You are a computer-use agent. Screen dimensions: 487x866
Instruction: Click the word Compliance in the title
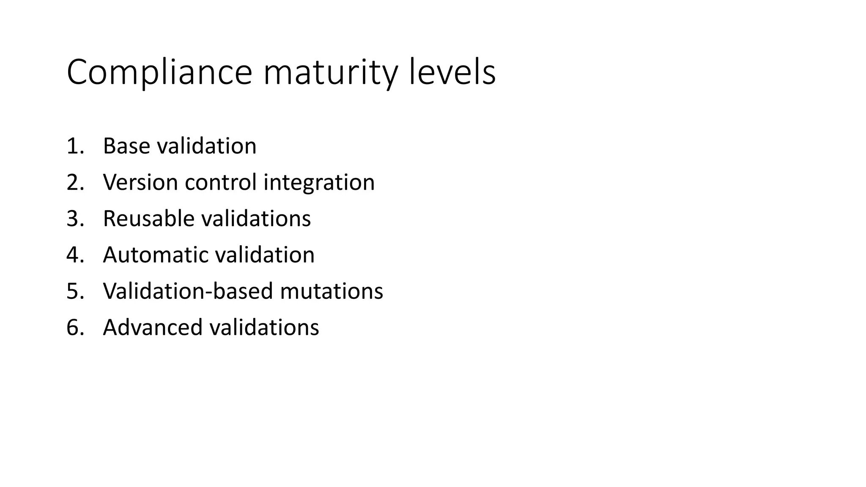tap(159, 73)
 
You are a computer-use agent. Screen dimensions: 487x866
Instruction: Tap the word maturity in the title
tap(330, 73)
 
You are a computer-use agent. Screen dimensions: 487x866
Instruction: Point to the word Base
tap(126, 146)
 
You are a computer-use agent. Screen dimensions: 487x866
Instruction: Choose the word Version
tap(140, 183)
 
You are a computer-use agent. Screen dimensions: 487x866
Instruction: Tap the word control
tap(220, 183)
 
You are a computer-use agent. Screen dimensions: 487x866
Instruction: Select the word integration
tap(319, 183)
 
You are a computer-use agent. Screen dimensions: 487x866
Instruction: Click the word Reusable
tap(148, 219)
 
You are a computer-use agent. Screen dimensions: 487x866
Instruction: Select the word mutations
tap(332, 291)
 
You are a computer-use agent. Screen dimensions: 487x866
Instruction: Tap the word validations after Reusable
tap(256, 219)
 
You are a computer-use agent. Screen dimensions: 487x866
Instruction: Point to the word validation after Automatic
tap(265, 255)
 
